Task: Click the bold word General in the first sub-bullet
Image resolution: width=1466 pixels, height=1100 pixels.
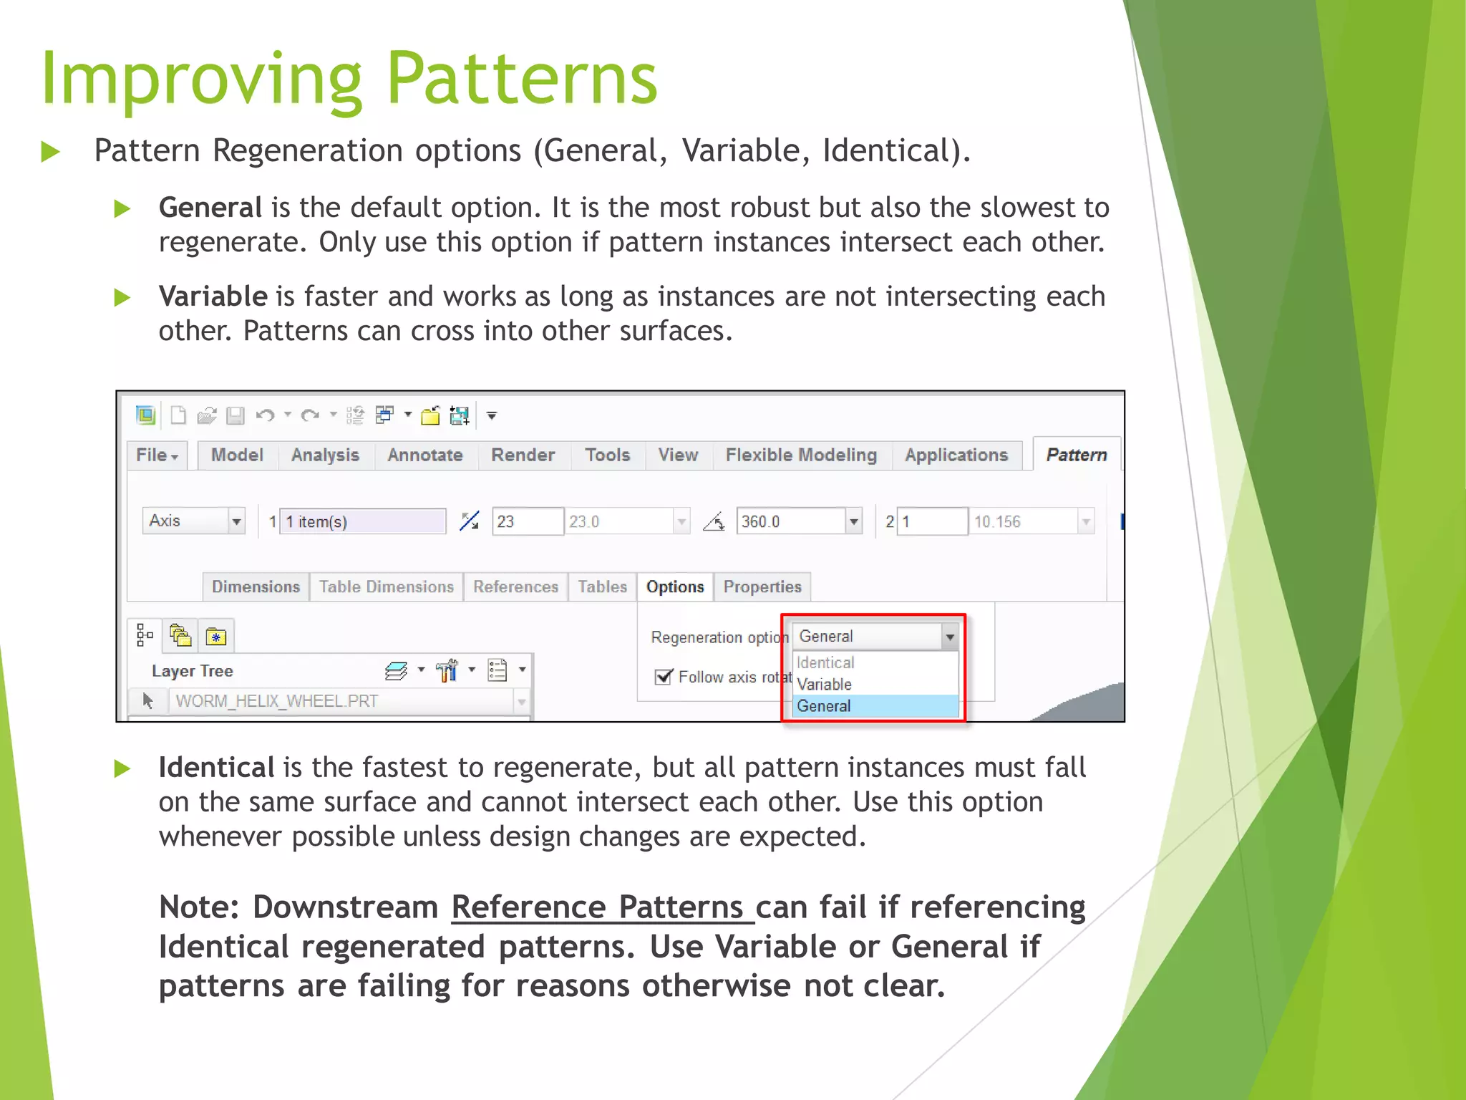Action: pyautogui.click(x=210, y=208)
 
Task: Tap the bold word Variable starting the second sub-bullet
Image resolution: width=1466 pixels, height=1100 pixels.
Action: pyautogui.click(x=213, y=296)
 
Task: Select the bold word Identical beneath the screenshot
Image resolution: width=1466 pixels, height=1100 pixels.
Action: pyautogui.click(x=216, y=768)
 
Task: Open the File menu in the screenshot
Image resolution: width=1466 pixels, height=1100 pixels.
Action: pyautogui.click(x=157, y=455)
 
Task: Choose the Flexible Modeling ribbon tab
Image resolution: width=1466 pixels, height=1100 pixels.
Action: pyautogui.click(x=800, y=455)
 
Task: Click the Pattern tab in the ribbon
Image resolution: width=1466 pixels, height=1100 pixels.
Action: pyautogui.click(x=1076, y=455)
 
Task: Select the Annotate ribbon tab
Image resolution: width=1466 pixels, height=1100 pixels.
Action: pyautogui.click(x=424, y=455)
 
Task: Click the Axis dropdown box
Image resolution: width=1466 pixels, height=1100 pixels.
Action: pyautogui.click(x=193, y=521)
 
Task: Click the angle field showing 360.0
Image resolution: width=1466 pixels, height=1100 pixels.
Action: pyautogui.click(x=790, y=521)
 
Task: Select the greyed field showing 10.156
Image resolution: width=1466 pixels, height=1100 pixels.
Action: pyautogui.click(x=1024, y=521)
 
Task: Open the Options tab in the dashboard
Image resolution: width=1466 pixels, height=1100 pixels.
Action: pyautogui.click(x=674, y=587)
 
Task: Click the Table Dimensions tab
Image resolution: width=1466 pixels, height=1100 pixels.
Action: pyautogui.click(x=386, y=587)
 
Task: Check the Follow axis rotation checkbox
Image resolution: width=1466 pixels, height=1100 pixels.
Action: pyautogui.click(x=664, y=677)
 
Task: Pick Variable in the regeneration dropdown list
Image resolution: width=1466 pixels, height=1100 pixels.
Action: pyautogui.click(x=824, y=685)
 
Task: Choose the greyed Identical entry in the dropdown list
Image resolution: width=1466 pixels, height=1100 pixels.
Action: pyautogui.click(x=825, y=663)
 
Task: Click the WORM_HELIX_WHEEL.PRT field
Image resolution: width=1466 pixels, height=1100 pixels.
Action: pyautogui.click(x=344, y=701)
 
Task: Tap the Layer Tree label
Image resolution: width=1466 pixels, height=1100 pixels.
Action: pyautogui.click(x=192, y=672)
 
